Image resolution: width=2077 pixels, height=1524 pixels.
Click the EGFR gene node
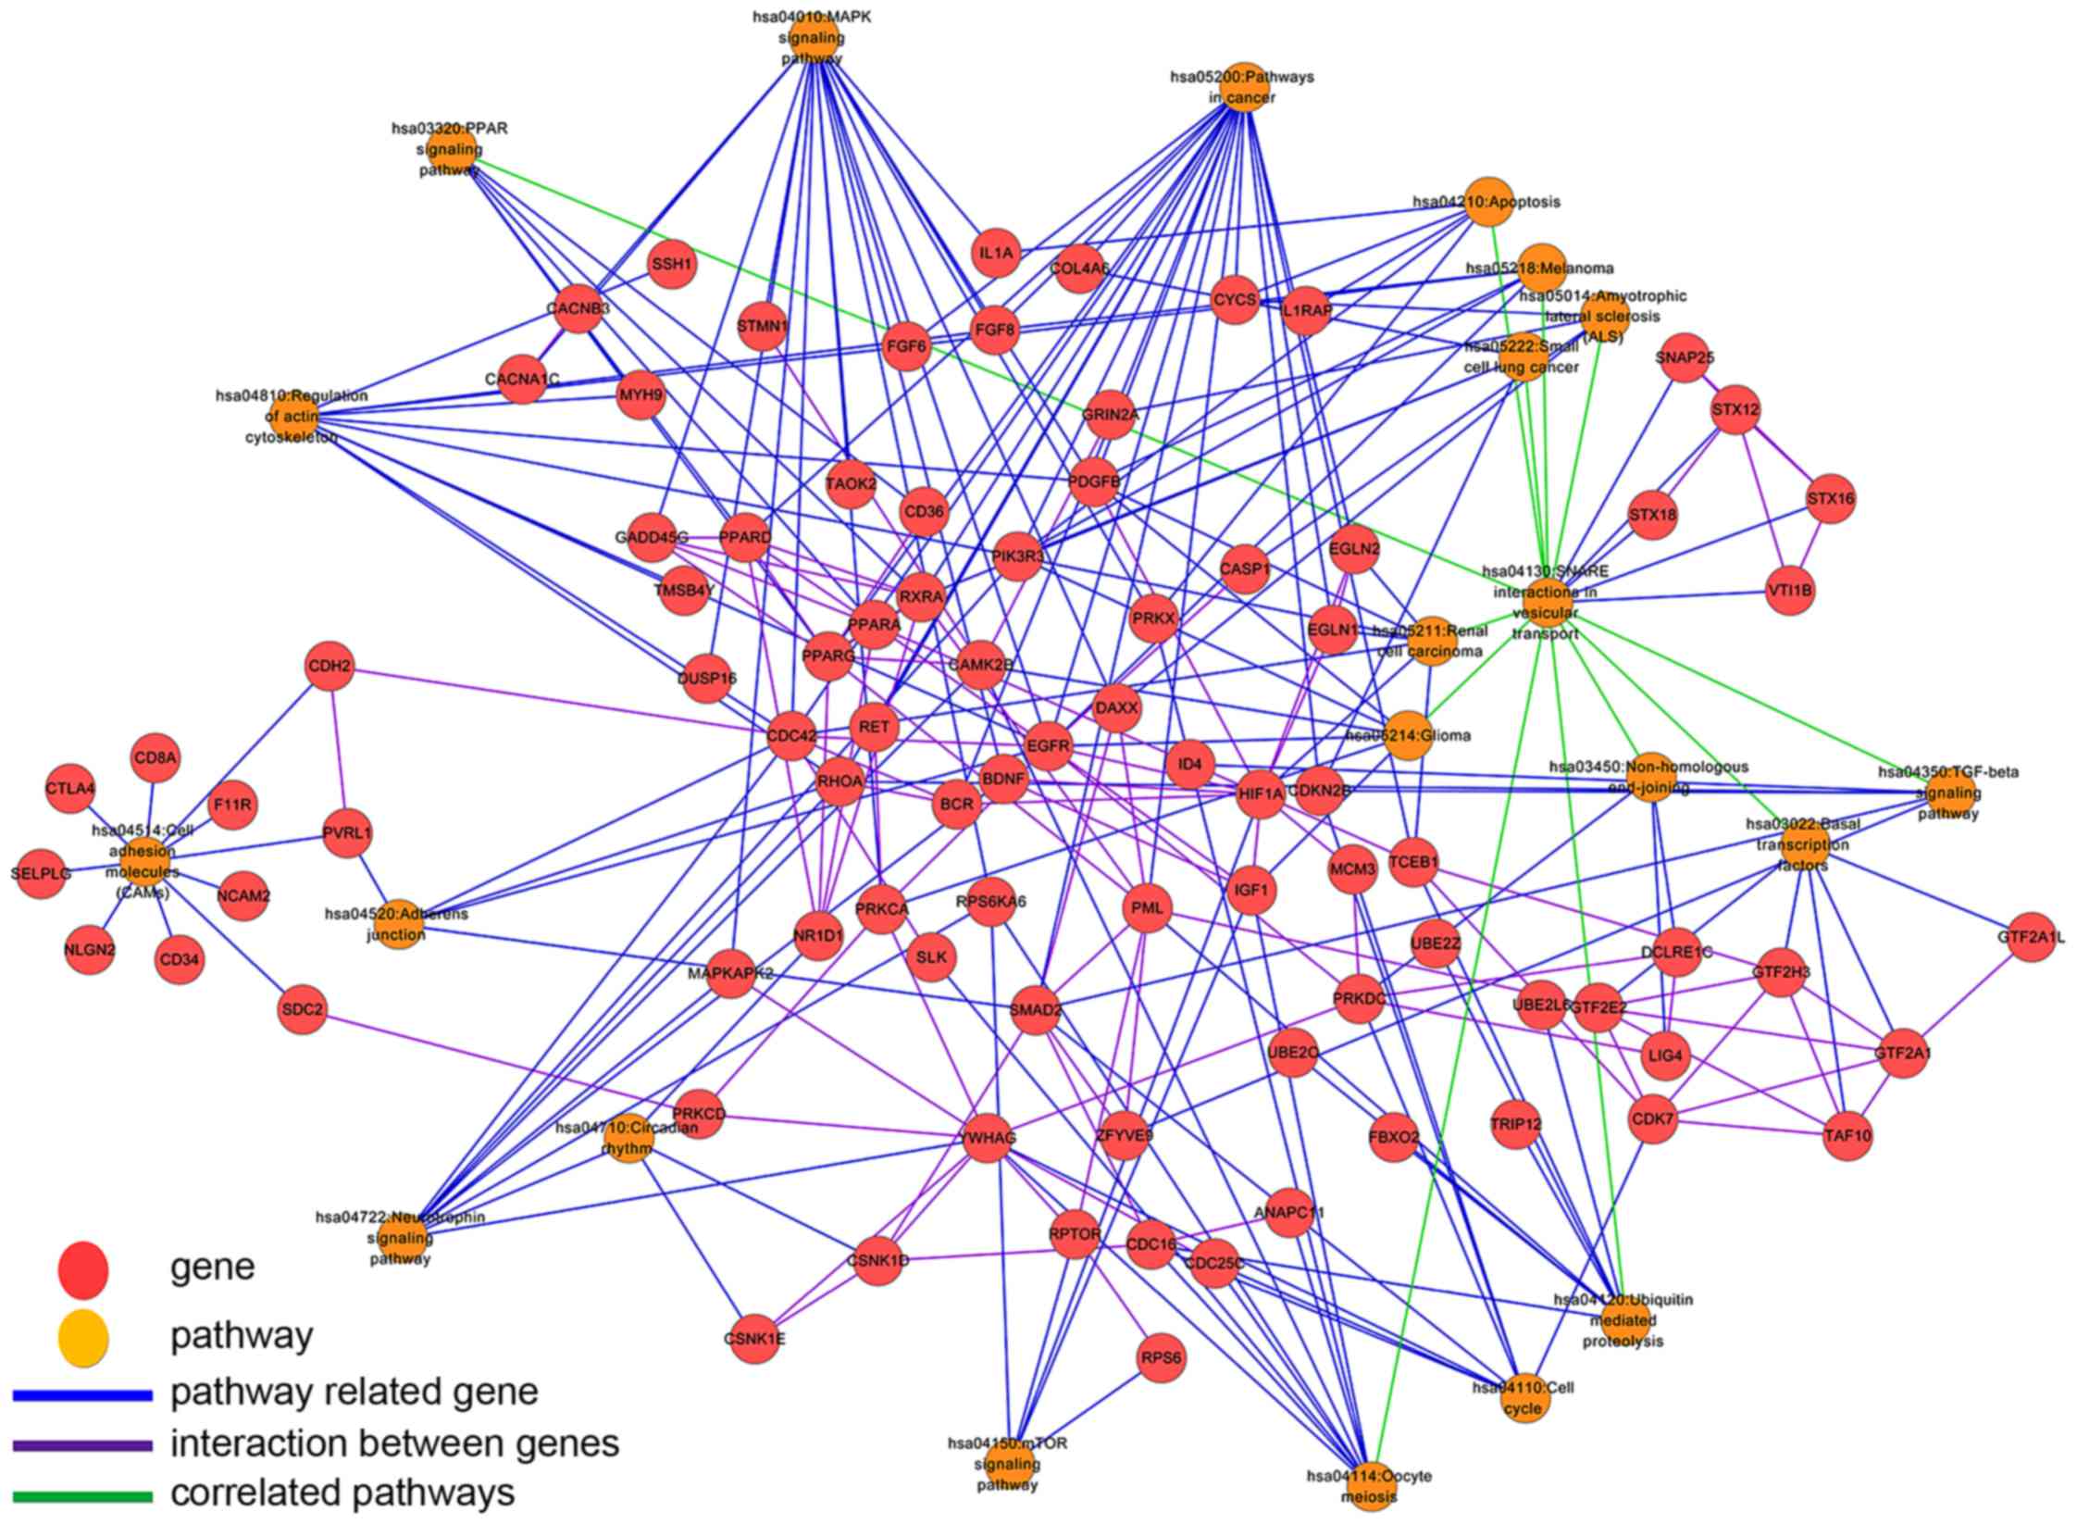[x=1048, y=745]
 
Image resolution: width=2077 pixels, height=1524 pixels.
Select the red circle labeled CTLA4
[x=70, y=789]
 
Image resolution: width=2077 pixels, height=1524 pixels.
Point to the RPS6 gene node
[x=1161, y=1358]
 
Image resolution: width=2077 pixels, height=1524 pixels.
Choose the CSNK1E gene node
[x=754, y=1339]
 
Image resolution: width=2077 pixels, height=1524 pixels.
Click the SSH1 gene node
[x=672, y=265]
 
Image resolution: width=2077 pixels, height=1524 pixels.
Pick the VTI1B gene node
[x=1789, y=591]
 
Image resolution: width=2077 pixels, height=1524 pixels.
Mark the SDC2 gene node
[x=303, y=1009]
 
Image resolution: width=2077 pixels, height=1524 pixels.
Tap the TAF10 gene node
[x=1847, y=1135]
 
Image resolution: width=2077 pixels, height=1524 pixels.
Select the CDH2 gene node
[x=329, y=667]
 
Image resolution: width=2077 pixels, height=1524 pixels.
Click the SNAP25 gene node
[x=1685, y=357]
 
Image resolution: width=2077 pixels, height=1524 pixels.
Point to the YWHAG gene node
[x=989, y=1138]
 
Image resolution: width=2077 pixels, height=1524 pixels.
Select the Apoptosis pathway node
[x=1488, y=201]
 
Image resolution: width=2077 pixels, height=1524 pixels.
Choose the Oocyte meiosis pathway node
[x=1370, y=1485]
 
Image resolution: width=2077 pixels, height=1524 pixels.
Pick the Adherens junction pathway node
[x=398, y=924]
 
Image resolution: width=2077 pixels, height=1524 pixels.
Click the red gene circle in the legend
[x=83, y=1271]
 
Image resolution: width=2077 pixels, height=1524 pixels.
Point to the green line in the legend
[x=82, y=1495]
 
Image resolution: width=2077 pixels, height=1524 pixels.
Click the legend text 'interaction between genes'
[x=394, y=1443]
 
